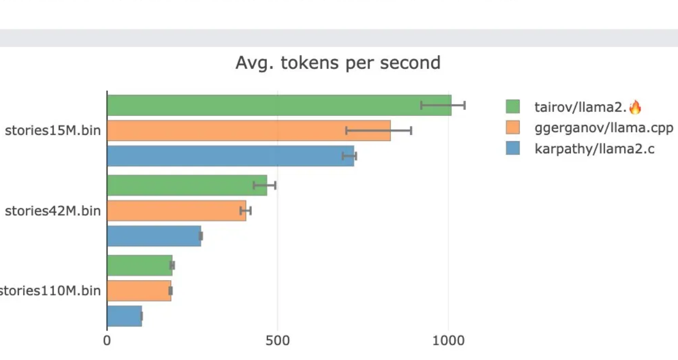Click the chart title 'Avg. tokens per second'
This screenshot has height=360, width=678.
(x=338, y=63)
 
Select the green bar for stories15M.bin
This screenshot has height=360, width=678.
(x=279, y=105)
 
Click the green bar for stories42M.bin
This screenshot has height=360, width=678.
(x=187, y=185)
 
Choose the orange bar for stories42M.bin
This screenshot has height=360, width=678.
(x=176, y=210)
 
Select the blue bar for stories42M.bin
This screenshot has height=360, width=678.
(x=154, y=236)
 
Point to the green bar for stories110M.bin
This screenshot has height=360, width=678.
(x=140, y=266)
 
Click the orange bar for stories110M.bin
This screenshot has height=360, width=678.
(x=139, y=291)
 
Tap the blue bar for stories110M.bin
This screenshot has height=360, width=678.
(x=124, y=316)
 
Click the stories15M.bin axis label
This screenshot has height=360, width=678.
(x=52, y=131)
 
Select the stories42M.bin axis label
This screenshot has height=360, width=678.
(x=52, y=211)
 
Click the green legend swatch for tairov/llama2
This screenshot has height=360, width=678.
(x=513, y=107)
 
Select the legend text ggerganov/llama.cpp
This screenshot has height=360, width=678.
(x=603, y=128)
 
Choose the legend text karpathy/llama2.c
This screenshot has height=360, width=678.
(x=595, y=149)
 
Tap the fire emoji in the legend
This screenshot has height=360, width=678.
(x=635, y=107)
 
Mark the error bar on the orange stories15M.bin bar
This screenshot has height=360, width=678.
(x=379, y=131)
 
